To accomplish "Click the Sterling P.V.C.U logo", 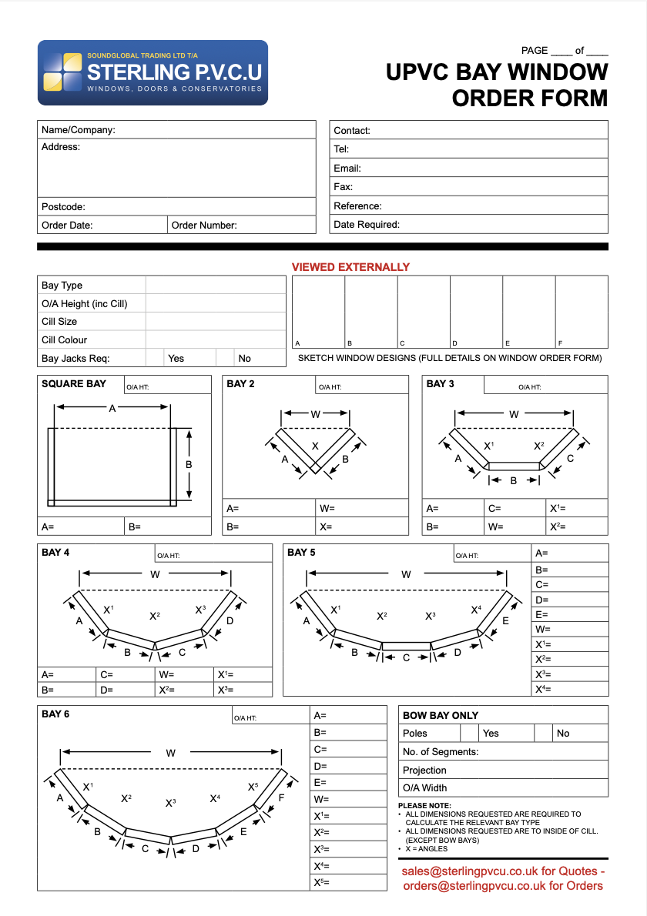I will coord(153,72).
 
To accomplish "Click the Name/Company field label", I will coord(78,130).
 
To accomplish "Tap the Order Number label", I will coord(204,226).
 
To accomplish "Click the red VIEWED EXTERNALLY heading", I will coord(350,267).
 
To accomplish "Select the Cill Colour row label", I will coord(65,339).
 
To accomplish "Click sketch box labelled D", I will coord(476,312).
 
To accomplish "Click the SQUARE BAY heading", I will coord(74,383).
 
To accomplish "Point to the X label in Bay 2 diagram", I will coord(315,446).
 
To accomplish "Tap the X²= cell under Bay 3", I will coord(576,527).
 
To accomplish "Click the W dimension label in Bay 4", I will coord(155,574).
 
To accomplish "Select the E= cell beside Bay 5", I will coord(570,614).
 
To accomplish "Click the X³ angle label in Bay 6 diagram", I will coord(170,802).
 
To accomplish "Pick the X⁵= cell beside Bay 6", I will coord(347,882).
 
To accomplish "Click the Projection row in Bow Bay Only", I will coord(503,770).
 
